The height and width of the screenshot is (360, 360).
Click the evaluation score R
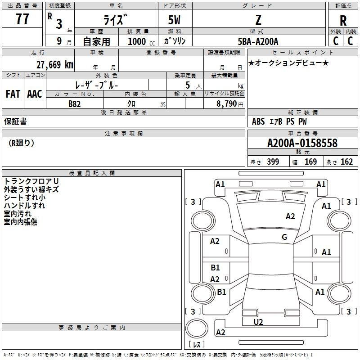343,21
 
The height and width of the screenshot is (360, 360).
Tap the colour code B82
74,103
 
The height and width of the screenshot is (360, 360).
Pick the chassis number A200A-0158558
302,143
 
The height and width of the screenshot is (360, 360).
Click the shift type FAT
13,94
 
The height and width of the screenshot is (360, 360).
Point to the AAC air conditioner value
35,94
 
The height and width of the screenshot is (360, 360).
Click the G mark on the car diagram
284,237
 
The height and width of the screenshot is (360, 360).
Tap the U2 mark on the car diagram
258,322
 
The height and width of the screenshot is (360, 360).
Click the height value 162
346,162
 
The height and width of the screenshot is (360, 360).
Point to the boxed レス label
197,345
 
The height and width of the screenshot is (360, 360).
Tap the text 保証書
15,121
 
